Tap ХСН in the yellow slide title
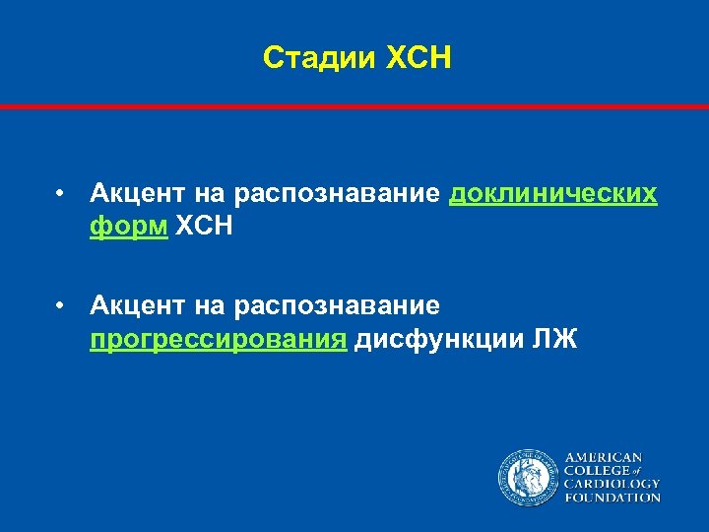(419, 58)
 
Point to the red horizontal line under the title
(354, 105)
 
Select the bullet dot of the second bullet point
(61, 308)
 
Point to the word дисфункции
(438, 341)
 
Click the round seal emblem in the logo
(528, 478)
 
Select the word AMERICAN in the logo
(604, 458)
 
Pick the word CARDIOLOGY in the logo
(612, 485)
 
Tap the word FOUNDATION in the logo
(612, 499)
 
